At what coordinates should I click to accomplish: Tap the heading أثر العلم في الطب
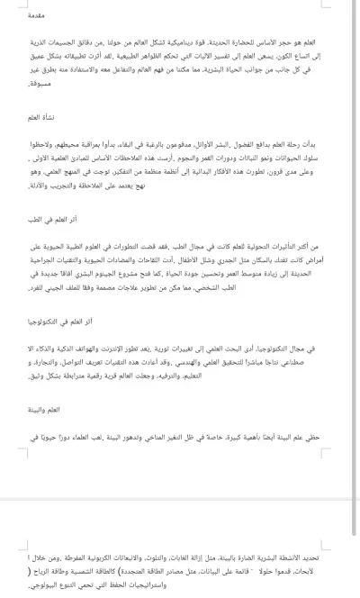[x=323, y=218]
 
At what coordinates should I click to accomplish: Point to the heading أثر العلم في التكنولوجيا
[x=314, y=320]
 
